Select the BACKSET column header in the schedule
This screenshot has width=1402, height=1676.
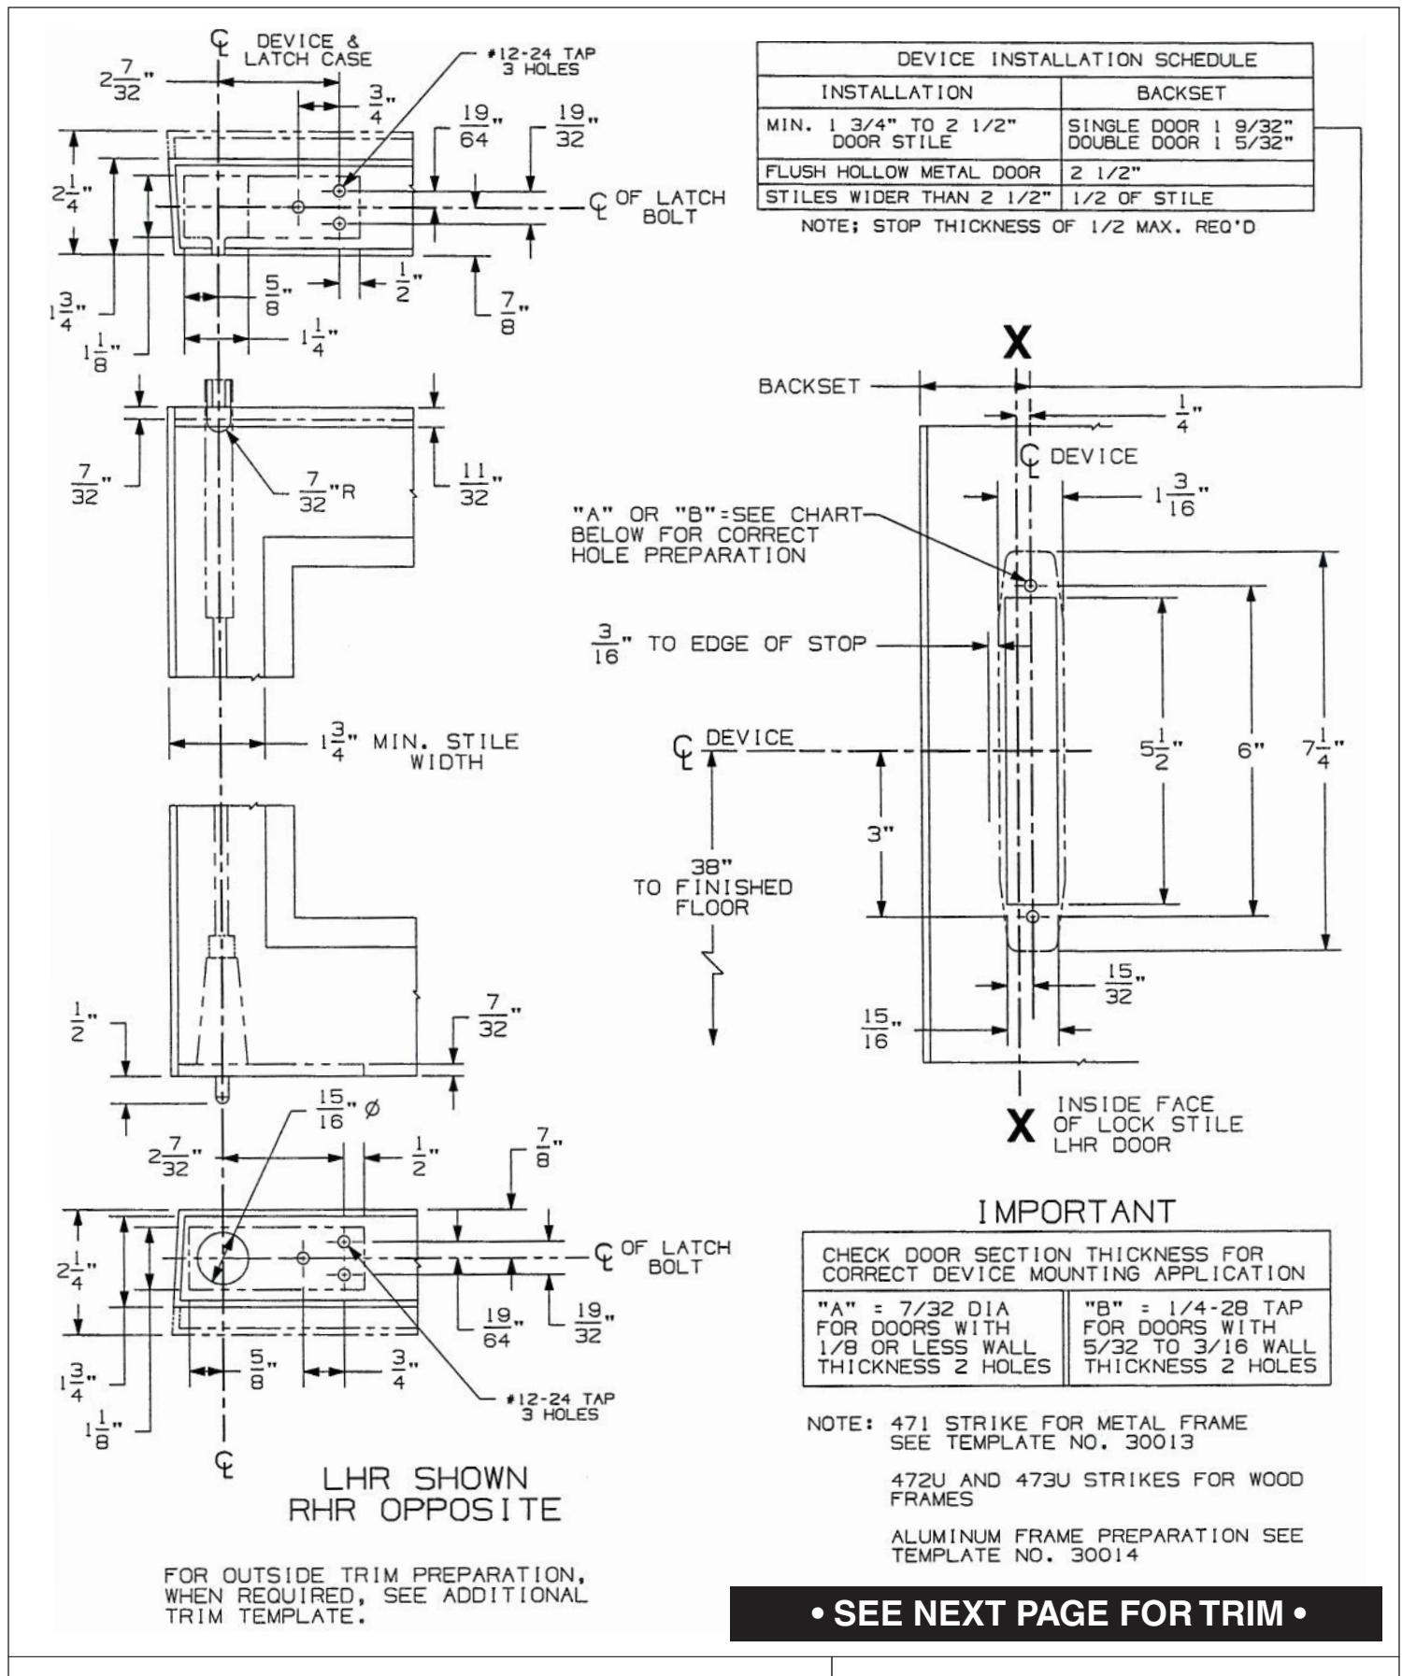click(1180, 92)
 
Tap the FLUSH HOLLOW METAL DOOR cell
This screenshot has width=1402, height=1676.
click(903, 172)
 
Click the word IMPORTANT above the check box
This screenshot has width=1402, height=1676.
click(1075, 1212)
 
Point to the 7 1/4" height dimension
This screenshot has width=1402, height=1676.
click(1324, 749)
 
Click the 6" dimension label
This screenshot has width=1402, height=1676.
click(1251, 750)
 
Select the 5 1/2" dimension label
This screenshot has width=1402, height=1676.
click(1162, 750)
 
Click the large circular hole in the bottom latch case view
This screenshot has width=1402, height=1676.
click(222, 1257)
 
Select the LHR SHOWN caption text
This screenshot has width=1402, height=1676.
click(424, 1479)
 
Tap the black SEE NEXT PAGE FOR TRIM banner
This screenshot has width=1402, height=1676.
click(1055, 1613)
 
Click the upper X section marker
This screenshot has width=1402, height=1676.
click(1017, 344)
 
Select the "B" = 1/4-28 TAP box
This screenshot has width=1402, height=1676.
click(1198, 1338)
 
